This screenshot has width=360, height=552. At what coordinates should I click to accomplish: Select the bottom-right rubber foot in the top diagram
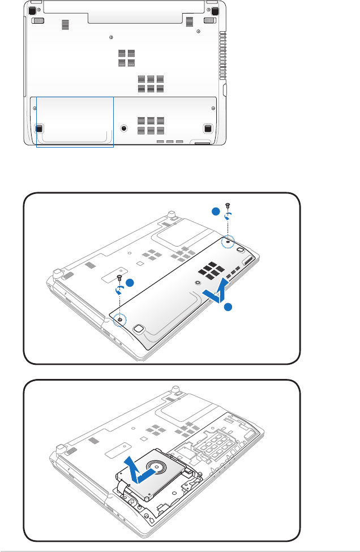tap(207, 128)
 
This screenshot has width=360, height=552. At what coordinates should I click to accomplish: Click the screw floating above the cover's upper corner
tap(228, 205)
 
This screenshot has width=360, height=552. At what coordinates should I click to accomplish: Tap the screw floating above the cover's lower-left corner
tap(119, 277)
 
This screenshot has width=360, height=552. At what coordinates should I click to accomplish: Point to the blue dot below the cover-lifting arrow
tap(228, 307)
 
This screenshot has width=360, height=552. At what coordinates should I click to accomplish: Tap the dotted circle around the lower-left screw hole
tap(120, 320)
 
